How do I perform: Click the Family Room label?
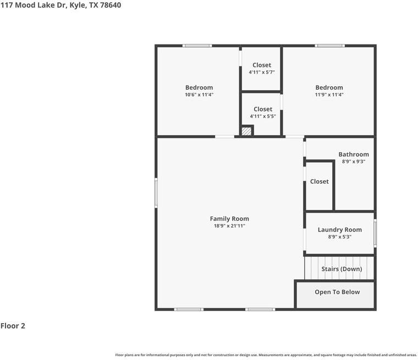229,219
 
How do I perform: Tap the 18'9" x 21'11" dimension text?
229,226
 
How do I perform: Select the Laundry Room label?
340,230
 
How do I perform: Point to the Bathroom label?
354,154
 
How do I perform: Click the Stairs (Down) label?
342,269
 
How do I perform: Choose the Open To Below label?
337,292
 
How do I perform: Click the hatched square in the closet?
246,131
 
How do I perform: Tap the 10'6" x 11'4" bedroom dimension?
199,95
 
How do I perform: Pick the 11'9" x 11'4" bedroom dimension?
329,95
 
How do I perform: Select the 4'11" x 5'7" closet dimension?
262,72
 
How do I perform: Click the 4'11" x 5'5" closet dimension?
263,116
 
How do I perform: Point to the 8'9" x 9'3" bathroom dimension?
354,162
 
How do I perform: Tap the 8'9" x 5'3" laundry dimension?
340,237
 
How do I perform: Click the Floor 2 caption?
13,326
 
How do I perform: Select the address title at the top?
61,5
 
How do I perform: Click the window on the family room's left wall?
156,193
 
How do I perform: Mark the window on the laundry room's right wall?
375,233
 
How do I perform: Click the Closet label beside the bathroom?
320,181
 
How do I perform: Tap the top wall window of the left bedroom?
197,46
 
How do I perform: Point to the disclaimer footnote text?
266,355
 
